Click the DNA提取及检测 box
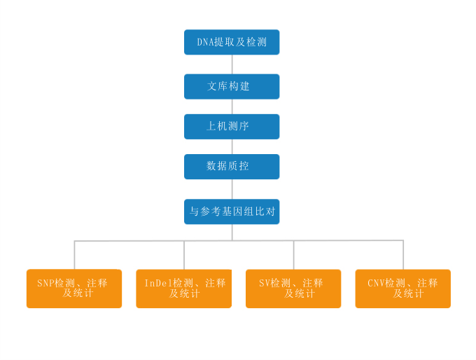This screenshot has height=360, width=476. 232,42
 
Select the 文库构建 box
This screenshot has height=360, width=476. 232,87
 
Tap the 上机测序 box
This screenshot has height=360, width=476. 232,127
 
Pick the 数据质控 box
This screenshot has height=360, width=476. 232,167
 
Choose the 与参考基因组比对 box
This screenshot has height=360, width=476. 232,212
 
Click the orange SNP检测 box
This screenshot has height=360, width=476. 74,289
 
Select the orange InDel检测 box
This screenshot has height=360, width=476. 183,289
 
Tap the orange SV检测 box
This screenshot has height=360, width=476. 293,289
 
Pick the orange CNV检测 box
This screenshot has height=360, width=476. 402,289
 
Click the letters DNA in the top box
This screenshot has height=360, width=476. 206,42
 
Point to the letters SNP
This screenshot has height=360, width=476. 45,283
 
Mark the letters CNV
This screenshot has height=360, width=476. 376,283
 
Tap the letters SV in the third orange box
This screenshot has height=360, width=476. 265,283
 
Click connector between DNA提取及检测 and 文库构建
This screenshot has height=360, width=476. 232,64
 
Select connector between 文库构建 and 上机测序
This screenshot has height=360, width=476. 232,106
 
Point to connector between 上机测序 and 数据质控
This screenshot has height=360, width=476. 232,147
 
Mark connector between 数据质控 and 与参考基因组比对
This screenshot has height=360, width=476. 232,189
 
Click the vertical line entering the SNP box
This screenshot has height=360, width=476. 74,255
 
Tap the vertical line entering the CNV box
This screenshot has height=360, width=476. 403,255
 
